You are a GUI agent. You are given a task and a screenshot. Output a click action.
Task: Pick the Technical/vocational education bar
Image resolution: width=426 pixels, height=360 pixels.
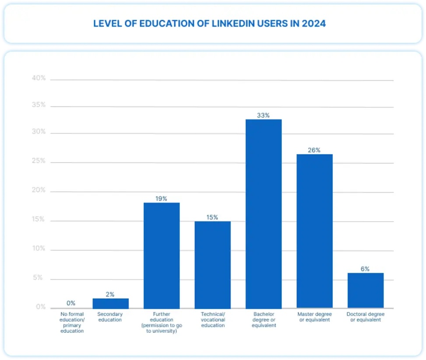(x=212, y=265)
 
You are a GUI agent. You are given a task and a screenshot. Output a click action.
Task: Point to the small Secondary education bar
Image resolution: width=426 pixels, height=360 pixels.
(x=110, y=304)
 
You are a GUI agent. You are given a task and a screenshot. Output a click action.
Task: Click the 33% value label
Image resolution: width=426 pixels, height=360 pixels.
(x=263, y=115)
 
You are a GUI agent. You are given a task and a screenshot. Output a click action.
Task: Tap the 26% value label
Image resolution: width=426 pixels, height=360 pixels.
(x=314, y=150)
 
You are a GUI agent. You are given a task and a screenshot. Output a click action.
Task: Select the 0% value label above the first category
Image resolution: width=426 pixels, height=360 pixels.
(x=71, y=303)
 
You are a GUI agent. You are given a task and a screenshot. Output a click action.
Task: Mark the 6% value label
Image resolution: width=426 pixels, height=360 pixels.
(x=365, y=269)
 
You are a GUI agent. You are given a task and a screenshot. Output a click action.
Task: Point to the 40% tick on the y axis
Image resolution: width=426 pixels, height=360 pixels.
(x=39, y=78)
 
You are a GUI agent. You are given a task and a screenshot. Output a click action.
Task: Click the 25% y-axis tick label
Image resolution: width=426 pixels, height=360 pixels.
(x=39, y=161)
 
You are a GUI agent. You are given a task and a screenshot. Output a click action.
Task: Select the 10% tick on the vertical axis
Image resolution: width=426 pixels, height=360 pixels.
(x=39, y=249)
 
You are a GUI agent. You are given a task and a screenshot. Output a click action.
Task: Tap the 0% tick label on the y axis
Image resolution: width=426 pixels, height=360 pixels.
(x=41, y=307)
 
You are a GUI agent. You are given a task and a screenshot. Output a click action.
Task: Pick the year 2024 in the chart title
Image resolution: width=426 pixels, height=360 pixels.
(x=313, y=24)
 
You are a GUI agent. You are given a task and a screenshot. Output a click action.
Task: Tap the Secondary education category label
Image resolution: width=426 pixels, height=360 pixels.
(x=110, y=317)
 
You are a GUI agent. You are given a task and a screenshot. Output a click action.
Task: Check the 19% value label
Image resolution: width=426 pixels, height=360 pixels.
(x=162, y=198)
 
